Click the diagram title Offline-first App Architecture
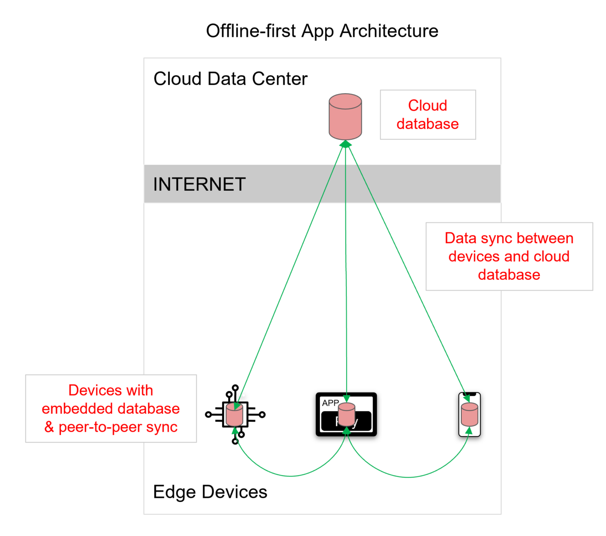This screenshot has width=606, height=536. point(322,31)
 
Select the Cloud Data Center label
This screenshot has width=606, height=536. point(230,79)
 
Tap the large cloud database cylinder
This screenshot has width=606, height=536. point(345,117)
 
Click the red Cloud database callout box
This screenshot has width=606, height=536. point(427,115)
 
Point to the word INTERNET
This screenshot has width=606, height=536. point(199,184)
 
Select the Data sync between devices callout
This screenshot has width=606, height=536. point(509,256)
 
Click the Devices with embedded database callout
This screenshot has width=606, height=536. point(111,408)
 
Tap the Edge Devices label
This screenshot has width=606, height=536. point(210,492)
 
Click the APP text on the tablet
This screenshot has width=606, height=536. point(330,403)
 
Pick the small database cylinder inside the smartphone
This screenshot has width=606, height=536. point(469,414)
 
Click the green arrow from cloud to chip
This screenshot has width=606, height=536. point(289,275)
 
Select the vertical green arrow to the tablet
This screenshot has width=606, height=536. point(346,275)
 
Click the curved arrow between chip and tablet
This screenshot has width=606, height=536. point(290,476)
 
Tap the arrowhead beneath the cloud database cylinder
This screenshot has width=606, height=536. point(345,144)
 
